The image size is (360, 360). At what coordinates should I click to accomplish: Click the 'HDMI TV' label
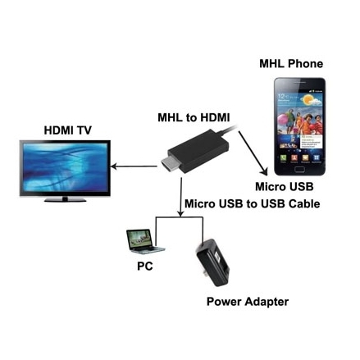[x=67, y=130]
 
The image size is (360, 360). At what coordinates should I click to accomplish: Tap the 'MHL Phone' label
[x=291, y=64]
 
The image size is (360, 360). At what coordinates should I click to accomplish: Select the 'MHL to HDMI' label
[x=194, y=117]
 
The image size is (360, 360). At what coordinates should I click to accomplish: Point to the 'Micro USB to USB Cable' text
[x=253, y=204]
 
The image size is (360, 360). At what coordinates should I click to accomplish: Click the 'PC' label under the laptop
[x=145, y=266]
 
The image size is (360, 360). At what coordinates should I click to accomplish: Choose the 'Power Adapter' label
[x=248, y=302]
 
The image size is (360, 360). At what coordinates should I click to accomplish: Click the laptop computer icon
[x=144, y=242]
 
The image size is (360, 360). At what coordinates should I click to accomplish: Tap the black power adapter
[x=213, y=262]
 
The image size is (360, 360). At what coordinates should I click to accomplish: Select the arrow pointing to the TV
[x=134, y=166]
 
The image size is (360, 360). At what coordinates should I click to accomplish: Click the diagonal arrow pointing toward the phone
[x=253, y=153]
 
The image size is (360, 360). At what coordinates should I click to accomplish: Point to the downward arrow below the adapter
[x=180, y=197]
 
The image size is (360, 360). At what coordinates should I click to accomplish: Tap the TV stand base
[x=65, y=200]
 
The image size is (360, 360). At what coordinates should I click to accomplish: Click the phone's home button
[x=299, y=170]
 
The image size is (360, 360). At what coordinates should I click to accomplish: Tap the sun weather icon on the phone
[x=309, y=99]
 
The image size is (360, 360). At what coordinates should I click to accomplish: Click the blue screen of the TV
[x=65, y=167]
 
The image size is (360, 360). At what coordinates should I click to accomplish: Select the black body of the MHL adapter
[x=198, y=151]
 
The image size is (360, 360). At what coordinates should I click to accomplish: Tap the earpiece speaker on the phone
[x=300, y=83]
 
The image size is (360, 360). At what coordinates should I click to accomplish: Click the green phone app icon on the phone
[x=283, y=157]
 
